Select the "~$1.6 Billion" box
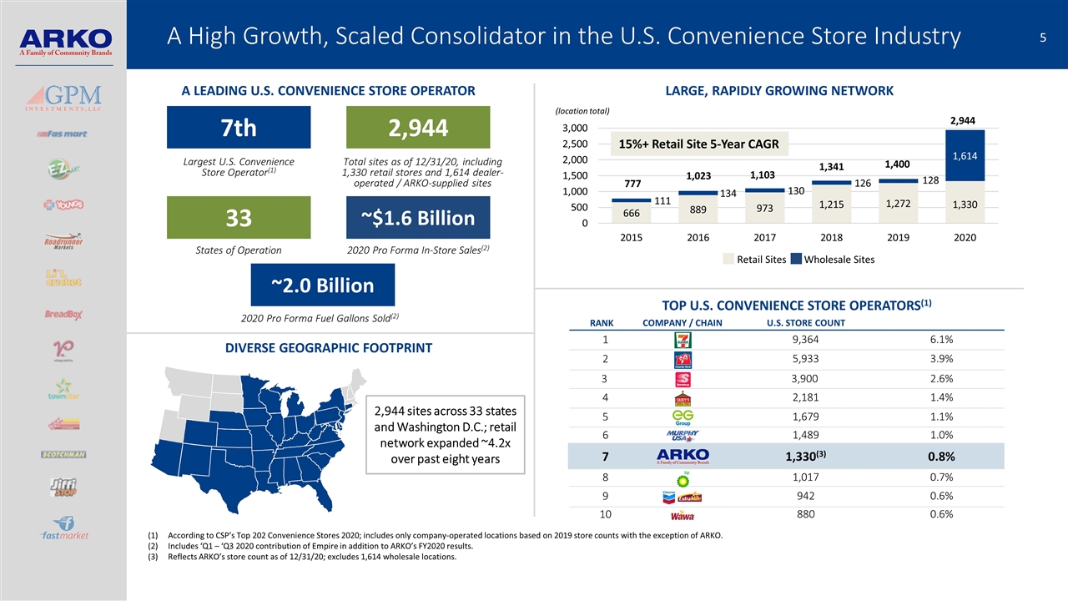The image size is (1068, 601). click(x=418, y=217)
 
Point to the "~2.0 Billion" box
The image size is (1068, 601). click(x=322, y=285)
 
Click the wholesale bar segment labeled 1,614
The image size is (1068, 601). click(x=965, y=155)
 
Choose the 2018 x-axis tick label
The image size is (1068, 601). click(x=831, y=238)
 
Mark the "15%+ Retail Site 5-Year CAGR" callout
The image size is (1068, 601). click(x=698, y=144)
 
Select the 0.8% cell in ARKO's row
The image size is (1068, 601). click(x=940, y=456)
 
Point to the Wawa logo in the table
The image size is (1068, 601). click(x=683, y=516)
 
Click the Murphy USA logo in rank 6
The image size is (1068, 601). click(x=683, y=437)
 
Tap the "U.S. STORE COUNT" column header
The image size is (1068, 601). click(x=805, y=323)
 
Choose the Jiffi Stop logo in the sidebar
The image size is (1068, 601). click(x=63, y=488)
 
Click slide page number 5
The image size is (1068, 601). click(x=1044, y=37)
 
